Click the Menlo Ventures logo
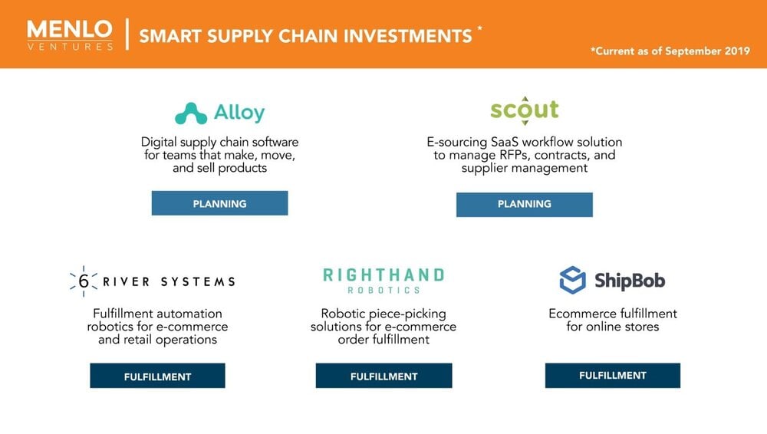70,35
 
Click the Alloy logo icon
191,113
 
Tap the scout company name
525,110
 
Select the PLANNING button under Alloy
219,203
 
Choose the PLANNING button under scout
525,205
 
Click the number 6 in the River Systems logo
84,281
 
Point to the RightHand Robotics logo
383,281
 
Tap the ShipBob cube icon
572,280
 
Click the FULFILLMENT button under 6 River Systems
157,376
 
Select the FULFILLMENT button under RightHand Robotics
384,376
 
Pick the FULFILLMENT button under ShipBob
613,376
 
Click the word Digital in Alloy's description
159,142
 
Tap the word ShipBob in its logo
630,281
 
